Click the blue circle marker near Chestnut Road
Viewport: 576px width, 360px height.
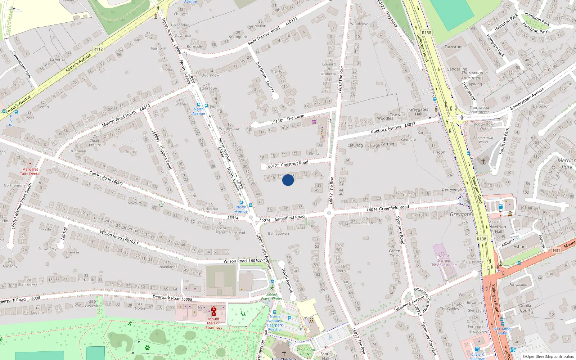(x=288, y=180)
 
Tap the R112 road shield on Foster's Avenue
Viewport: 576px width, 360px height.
(x=98, y=49)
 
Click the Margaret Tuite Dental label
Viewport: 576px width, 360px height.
(x=30, y=171)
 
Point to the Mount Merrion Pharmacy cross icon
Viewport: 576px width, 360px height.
(x=214, y=311)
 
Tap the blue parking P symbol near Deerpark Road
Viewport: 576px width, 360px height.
(x=289, y=318)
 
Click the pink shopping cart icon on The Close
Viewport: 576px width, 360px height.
(x=314, y=122)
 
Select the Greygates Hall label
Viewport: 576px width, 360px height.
(x=418, y=112)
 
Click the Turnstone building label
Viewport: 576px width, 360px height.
(x=454, y=47)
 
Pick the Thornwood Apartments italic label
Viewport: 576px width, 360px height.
(x=472, y=75)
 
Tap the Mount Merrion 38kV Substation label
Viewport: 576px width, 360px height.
(x=444, y=261)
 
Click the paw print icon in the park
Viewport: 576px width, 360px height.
(x=147, y=348)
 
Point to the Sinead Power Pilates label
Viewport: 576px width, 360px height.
(x=272, y=296)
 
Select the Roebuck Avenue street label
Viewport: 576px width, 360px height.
(x=386, y=129)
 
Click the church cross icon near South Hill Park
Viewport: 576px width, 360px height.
(x=483, y=162)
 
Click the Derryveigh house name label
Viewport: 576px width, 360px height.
(x=452, y=189)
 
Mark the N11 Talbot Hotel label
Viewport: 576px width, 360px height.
(x=503, y=331)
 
